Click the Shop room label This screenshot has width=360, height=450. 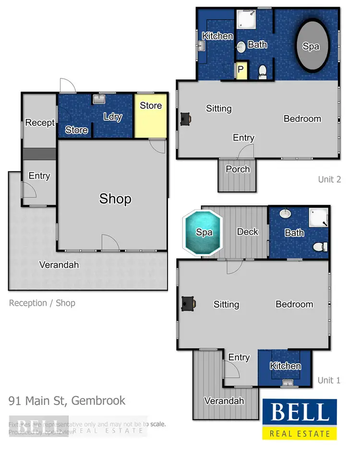[x=115, y=199]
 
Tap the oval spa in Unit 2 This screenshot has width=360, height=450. [x=311, y=46]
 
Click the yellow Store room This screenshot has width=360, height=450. [x=151, y=115]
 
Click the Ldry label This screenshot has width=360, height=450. [x=113, y=117]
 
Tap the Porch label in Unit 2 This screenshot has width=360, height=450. [x=238, y=169]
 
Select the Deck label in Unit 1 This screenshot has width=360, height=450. [x=248, y=232]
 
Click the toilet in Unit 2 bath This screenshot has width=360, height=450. [x=263, y=71]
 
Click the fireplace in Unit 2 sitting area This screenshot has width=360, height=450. [x=186, y=118]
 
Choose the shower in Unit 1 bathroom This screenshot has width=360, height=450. [x=318, y=218]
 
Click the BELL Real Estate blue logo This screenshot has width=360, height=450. [x=300, y=419]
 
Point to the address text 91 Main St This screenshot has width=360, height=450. [x=67, y=401]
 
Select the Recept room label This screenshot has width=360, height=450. [x=40, y=123]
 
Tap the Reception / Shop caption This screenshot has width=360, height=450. [x=42, y=303]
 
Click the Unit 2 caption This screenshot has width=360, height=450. [x=329, y=179]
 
